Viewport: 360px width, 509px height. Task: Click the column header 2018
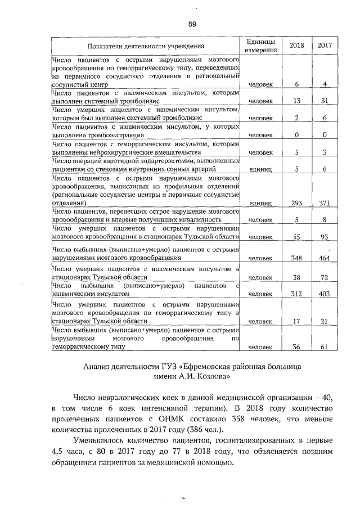point(296,46)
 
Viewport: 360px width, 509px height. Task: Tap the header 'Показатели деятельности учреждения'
point(145,46)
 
